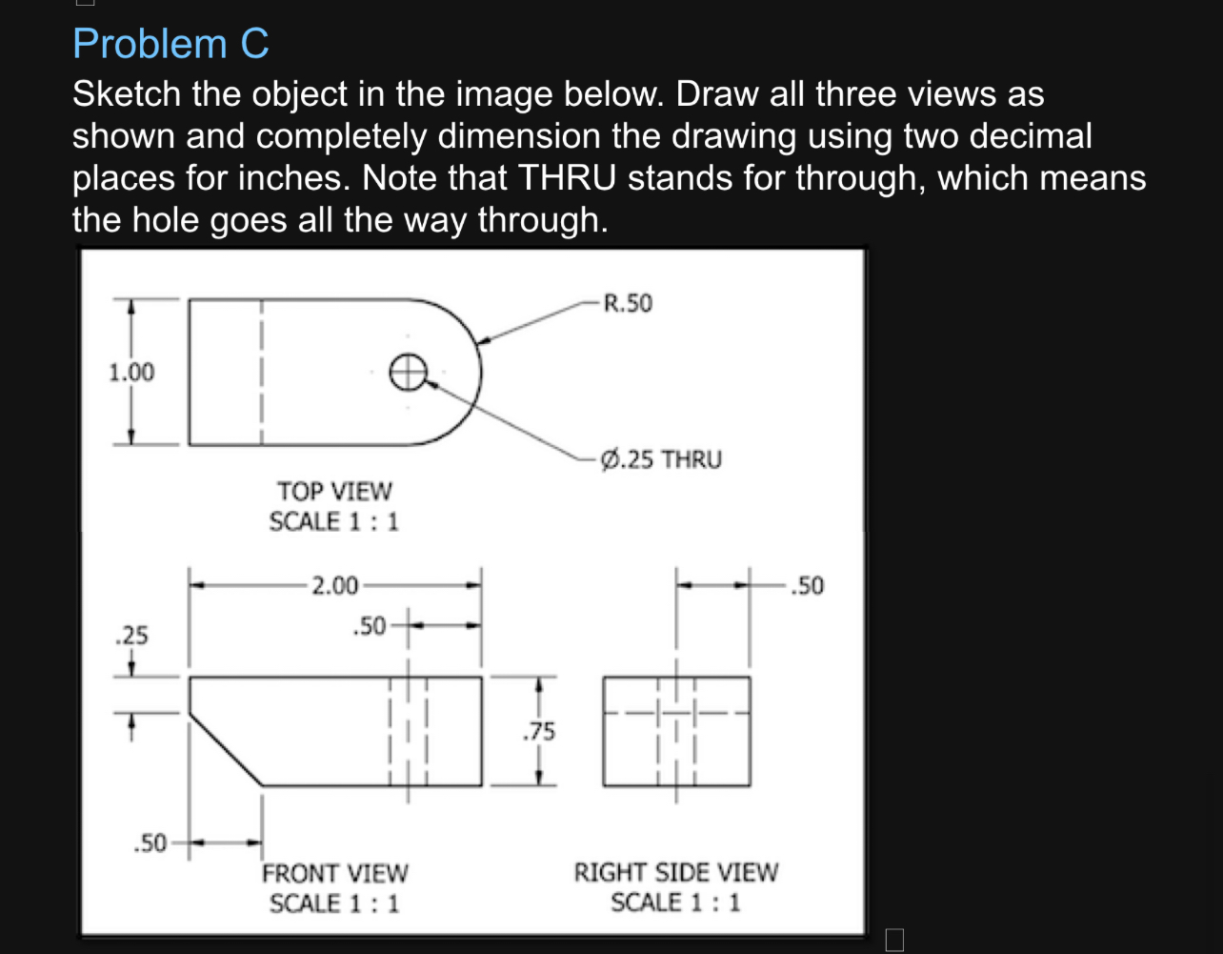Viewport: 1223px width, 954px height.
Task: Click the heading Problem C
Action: click(x=171, y=44)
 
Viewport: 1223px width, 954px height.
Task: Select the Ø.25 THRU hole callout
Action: click(x=662, y=459)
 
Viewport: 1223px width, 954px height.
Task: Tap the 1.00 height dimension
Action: click(x=130, y=372)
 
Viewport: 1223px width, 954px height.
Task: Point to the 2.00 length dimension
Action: click(x=334, y=585)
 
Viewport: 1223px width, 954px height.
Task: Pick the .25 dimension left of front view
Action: click(x=130, y=634)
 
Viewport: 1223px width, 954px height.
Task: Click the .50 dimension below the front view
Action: click(x=150, y=842)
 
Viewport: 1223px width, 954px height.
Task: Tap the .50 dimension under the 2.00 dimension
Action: click(x=369, y=626)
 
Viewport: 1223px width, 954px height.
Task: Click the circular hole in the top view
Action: click(x=408, y=372)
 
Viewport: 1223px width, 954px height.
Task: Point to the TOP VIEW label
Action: click(x=334, y=492)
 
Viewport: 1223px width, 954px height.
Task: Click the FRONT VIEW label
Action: click(x=334, y=873)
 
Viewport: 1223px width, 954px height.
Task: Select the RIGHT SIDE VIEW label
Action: click(x=675, y=873)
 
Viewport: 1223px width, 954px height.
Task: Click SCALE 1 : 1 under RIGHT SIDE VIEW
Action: click(x=675, y=903)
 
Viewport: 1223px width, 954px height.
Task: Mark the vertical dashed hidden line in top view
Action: click(x=262, y=372)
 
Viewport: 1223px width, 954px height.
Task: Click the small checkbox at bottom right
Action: click(x=892, y=940)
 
